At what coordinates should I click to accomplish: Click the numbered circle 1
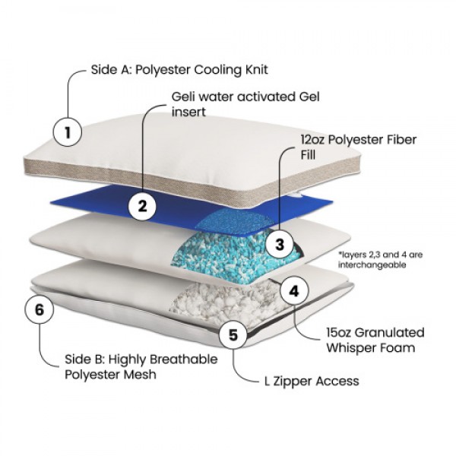(68, 134)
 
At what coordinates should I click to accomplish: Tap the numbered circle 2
(142, 204)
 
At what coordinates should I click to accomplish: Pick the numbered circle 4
(294, 290)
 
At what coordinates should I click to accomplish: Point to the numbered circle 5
(233, 334)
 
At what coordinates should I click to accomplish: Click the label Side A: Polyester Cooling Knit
(179, 70)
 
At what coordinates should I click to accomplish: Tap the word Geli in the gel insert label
(186, 97)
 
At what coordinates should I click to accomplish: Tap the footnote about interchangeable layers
(378, 259)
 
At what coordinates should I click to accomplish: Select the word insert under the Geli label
(189, 112)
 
